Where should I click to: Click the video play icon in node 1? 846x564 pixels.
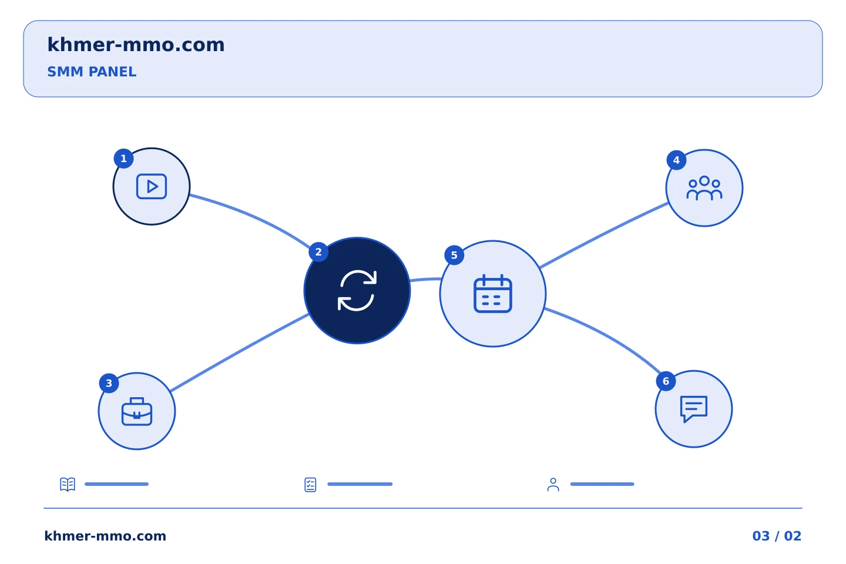[x=152, y=186]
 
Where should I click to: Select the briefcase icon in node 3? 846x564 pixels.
[x=137, y=411]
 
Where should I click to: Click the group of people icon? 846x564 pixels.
[x=704, y=188]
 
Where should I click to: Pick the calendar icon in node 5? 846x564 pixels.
[x=493, y=294]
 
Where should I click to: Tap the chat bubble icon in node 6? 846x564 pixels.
[x=694, y=409]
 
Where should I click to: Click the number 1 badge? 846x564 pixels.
[x=123, y=158]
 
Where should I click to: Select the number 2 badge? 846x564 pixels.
[x=318, y=252]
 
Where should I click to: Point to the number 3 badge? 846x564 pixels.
[x=109, y=384]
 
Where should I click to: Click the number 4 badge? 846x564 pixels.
[x=676, y=160]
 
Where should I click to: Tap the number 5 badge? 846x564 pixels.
[x=454, y=256]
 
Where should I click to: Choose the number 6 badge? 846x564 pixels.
[x=666, y=381]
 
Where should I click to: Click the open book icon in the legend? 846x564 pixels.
[x=68, y=484]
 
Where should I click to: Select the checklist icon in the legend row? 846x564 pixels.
[x=310, y=485]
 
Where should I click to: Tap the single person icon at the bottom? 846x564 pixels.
[x=553, y=485]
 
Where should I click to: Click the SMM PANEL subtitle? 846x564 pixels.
[x=92, y=72]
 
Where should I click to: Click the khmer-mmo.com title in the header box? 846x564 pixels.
[x=136, y=45]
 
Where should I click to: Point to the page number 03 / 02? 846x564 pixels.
[x=777, y=536]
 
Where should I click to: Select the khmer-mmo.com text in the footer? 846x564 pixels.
[x=105, y=536]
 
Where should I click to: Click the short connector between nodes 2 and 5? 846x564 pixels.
[x=425, y=279]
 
